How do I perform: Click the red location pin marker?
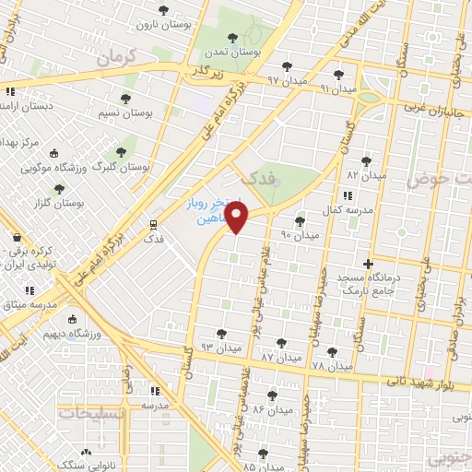(237, 218)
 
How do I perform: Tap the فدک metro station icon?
(153, 224)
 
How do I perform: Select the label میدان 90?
(299, 236)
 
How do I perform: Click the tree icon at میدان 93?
(219, 333)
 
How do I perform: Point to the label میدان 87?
(281, 356)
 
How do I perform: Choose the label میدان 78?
(331, 366)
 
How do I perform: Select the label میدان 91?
(336, 88)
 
